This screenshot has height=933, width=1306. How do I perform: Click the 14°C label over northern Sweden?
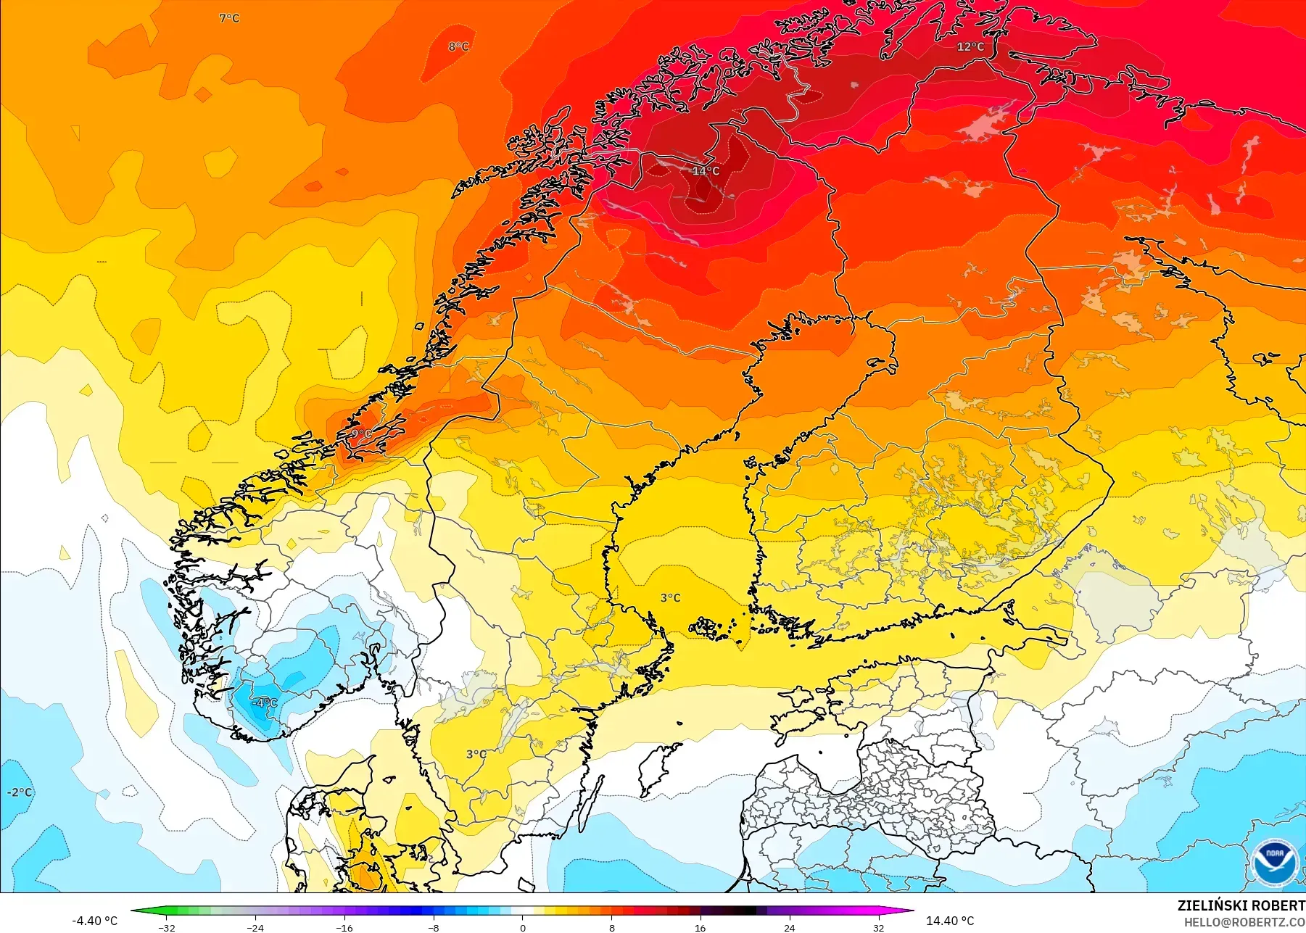[706, 171]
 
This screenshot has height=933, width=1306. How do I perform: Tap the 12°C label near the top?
[970, 47]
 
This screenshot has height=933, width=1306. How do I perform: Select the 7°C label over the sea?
[229, 18]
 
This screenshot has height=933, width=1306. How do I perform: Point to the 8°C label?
[458, 46]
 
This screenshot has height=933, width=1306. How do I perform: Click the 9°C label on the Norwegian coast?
[360, 434]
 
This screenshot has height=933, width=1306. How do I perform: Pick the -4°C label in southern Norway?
[264, 702]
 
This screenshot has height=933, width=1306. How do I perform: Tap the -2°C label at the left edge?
[20, 792]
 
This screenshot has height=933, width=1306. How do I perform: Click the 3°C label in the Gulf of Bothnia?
[670, 598]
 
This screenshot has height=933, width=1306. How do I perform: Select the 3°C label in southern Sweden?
[476, 754]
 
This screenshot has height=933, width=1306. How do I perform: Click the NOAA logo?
[1274, 863]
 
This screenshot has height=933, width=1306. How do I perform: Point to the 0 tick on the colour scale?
[522, 927]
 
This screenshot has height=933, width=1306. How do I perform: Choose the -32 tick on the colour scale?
[167, 927]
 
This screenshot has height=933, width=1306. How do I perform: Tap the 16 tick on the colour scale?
[700, 927]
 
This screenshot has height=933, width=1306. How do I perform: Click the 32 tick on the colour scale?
[878, 927]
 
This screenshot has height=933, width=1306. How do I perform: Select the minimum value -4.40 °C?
[94, 921]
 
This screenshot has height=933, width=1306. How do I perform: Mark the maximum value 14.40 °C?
[950, 921]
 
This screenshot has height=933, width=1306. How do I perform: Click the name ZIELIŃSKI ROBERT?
[1241, 905]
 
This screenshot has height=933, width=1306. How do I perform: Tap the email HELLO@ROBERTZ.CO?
[1244, 922]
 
